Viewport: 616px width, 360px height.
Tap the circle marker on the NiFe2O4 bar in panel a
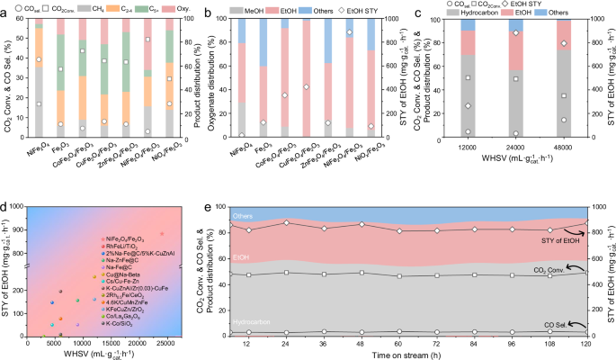[39, 59]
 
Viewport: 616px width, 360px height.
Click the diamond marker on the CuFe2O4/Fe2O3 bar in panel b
[308, 87]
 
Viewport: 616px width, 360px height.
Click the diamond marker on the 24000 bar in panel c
[514, 33]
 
